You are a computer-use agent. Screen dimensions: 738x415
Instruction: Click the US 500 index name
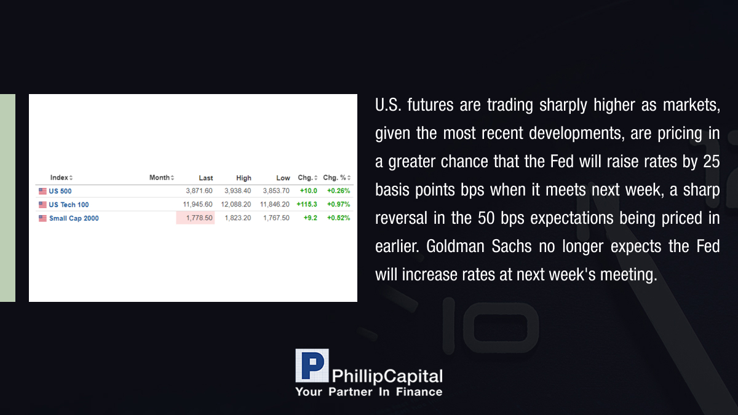[x=60, y=191]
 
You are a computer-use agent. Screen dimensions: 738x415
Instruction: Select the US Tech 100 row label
[x=68, y=205]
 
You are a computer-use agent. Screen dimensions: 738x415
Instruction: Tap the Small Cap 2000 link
[x=74, y=218]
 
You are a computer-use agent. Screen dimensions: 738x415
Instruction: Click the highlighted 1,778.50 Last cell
[x=196, y=218]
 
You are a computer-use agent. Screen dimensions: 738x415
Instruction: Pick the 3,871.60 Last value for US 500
[x=199, y=191]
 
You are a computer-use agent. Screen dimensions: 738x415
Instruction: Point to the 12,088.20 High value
[x=236, y=204]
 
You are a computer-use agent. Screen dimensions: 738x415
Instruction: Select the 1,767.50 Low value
[x=276, y=218]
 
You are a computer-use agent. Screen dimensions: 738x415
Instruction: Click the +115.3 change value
[x=307, y=204]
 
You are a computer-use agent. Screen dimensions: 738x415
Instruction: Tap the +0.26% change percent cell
[x=338, y=191]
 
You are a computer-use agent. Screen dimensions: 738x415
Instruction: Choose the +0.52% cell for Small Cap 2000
[x=338, y=218]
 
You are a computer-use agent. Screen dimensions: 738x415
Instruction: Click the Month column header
[x=159, y=178]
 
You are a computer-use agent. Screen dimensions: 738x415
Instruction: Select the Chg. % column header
[x=335, y=178]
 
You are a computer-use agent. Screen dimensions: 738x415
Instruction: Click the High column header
[x=244, y=178]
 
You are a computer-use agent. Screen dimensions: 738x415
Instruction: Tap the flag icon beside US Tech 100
[x=42, y=205]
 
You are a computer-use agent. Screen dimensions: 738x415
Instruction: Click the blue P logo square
[x=312, y=366]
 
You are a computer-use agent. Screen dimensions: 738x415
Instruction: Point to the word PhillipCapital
[x=387, y=376]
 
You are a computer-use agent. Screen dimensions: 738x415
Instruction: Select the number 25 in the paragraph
[x=712, y=161]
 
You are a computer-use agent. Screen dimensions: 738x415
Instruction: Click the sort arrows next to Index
[x=71, y=178]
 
